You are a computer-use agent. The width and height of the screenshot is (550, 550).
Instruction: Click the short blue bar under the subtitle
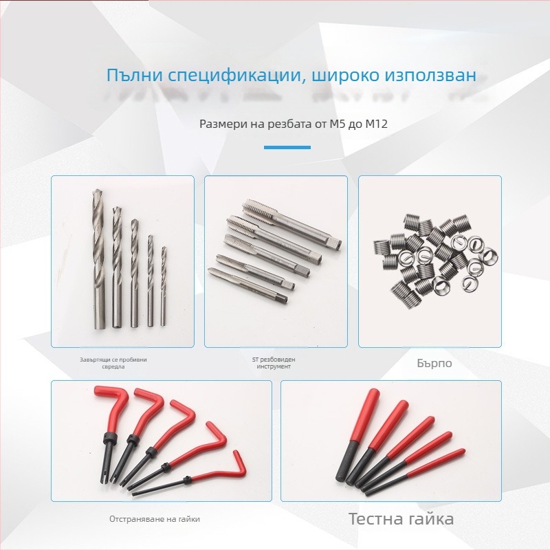[x=287, y=147]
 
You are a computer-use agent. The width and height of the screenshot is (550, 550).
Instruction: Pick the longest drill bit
[x=99, y=260]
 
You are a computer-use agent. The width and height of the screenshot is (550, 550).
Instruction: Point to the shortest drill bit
[x=163, y=286]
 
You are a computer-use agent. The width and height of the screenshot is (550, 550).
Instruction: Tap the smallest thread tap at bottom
[x=247, y=285]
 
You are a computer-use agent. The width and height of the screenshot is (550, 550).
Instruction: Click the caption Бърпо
[x=434, y=363]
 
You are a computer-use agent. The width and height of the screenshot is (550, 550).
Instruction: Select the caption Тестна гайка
[x=401, y=518]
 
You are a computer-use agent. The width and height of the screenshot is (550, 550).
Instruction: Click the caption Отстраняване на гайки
[x=154, y=519]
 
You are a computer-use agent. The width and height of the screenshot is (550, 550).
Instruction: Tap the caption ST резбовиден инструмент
[x=274, y=363]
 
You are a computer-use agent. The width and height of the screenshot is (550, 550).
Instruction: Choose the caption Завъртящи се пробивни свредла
[x=113, y=363]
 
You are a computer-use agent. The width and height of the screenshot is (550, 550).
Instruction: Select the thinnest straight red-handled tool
[x=415, y=472]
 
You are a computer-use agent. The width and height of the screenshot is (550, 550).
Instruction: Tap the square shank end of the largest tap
[x=335, y=243]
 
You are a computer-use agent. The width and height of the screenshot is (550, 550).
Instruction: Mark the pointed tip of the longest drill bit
[x=96, y=190]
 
